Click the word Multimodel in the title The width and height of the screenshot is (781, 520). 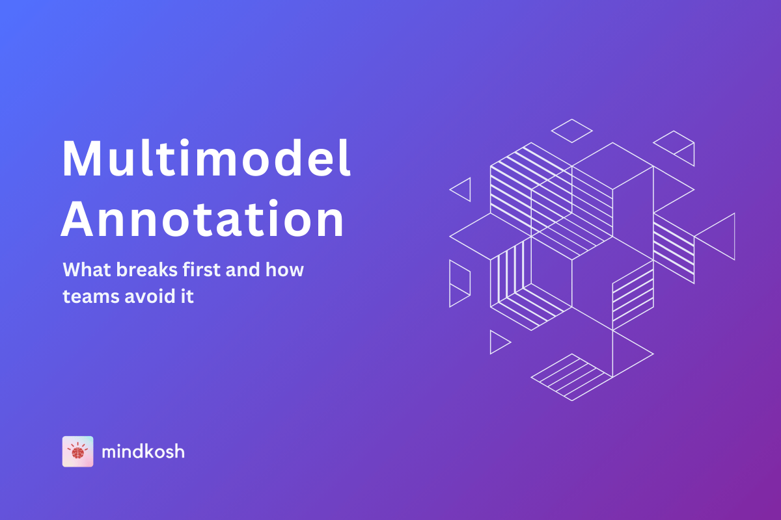tap(206, 158)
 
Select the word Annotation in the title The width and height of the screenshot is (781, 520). tap(202, 219)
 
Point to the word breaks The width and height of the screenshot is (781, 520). tap(147, 270)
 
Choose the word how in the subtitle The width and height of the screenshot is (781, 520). tap(284, 270)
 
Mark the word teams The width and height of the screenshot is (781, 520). tap(91, 297)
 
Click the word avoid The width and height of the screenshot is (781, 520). tap(150, 296)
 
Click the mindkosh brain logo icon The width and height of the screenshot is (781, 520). tap(77, 451)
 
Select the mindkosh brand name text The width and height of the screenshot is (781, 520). tap(143, 451)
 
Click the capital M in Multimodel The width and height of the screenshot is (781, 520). tap(82, 159)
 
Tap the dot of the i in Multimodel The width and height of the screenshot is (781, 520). tap(184, 142)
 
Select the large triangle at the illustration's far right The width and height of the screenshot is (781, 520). tap(734, 237)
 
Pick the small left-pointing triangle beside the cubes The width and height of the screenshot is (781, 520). tap(470, 190)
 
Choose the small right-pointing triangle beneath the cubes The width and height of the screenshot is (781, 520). tap(491, 342)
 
